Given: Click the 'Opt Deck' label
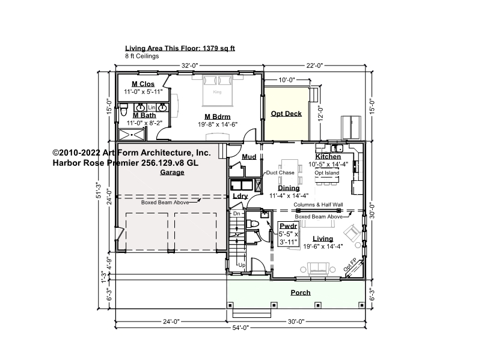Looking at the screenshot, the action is click(286, 114).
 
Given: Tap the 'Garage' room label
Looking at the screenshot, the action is click(172, 172).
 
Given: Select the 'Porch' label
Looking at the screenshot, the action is click(301, 293).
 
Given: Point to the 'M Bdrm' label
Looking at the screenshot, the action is click(218, 117).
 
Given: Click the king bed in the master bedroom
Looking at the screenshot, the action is click(217, 91).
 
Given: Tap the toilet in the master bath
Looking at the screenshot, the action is click(124, 110).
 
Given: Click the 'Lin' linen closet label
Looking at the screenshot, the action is click(152, 108).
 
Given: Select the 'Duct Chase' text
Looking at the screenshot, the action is click(280, 172).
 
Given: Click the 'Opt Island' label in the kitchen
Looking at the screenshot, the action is click(326, 172).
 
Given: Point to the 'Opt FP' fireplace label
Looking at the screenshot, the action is click(350, 265).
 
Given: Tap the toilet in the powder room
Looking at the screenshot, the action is click(253, 224).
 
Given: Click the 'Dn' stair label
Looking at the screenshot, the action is click(237, 213).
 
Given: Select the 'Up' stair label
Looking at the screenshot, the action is click(242, 265).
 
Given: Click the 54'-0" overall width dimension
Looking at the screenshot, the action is click(240, 328).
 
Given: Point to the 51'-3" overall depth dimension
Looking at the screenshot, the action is click(99, 190).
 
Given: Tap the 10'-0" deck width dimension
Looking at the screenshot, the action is click(287, 80).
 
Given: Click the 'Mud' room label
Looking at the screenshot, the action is click(249, 157).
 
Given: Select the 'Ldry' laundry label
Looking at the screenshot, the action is click(240, 196).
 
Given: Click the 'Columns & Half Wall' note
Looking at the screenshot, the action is click(318, 205).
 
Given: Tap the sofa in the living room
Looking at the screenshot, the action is click(319, 268).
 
